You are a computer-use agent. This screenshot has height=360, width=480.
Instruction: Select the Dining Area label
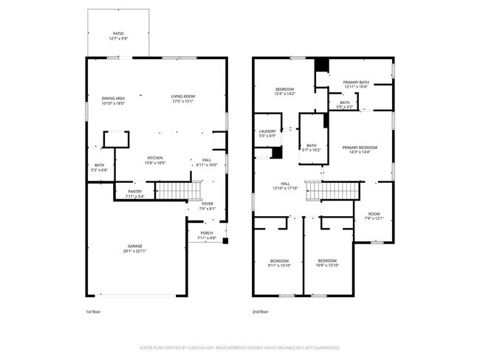[x=113, y=100]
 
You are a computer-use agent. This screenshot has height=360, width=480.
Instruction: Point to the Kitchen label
[x=155, y=160]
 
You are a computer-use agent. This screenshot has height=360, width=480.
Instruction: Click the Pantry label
[x=134, y=193]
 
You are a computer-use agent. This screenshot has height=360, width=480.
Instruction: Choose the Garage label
[x=134, y=249]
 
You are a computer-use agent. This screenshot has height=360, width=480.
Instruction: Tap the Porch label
[x=206, y=235]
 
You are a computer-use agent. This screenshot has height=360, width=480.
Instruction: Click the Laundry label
[x=267, y=134]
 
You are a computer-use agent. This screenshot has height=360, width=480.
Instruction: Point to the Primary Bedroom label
[x=360, y=150]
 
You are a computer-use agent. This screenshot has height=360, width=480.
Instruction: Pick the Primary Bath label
[x=356, y=84]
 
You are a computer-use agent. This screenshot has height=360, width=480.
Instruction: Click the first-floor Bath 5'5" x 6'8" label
[x=99, y=167]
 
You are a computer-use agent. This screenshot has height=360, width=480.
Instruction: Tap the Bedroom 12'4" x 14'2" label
[x=284, y=91]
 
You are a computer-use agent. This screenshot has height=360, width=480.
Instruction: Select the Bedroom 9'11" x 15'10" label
[x=279, y=263]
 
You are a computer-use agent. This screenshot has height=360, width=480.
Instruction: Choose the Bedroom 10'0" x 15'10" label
[x=327, y=263]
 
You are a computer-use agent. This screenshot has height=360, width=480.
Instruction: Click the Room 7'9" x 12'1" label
[x=374, y=215]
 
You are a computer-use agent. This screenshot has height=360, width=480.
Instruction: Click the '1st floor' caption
[x=92, y=312]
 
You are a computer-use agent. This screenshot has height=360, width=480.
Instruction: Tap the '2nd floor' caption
[x=259, y=312]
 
